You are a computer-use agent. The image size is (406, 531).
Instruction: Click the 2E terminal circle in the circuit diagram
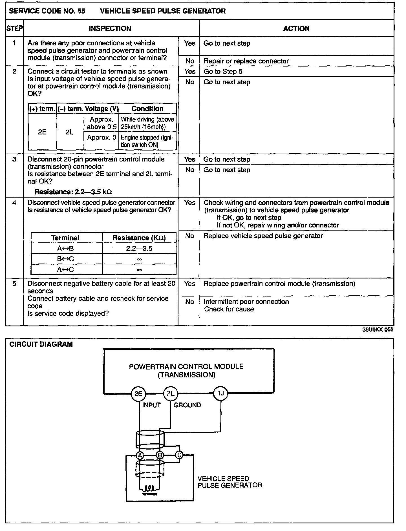pyautogui.click(x=138, y=393)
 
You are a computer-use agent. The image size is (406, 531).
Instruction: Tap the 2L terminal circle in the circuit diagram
pyautogui.click(x=171, y=393)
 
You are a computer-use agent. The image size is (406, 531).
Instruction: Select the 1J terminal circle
pyautogui.click(x=220, y=393)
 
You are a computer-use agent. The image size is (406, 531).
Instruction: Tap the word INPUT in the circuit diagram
pyautogui.click(x=151, y=405)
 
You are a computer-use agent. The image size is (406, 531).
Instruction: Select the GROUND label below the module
pyautogui.click(x=187, y=405)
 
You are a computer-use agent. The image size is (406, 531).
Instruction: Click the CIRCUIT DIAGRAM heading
pyautogui.click(x=41, y=344)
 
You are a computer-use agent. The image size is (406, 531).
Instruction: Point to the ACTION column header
pyautogui.click(x=296, y=28)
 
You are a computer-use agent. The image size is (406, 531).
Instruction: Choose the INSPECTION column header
pyautogui.click(x=110, y=28)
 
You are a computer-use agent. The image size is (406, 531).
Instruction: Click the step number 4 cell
pyautogui.click(x=14, y=202)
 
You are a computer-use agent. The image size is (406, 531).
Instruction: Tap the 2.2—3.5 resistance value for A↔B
pyautogui.click(x=139, y=248)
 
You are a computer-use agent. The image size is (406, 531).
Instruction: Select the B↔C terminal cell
pyautogui.click(x=65, y=259)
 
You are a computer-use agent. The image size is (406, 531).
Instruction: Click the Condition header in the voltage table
pyautogui.click(x=147, y=109)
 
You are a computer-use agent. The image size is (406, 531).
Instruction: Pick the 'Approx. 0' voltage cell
pyautogui.click(x=101, y=138)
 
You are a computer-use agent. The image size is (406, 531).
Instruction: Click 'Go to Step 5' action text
pyautogui.click(x=223, y=72)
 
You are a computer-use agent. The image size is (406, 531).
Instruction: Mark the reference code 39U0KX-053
pyautogui.click(x=378, y=330)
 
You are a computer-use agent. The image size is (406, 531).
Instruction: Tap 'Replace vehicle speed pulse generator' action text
pyautogui.click(x=263, y=236)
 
